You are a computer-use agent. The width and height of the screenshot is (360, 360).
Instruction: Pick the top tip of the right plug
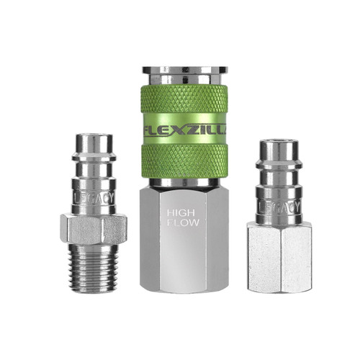pyautogui.click(x=279, y=145)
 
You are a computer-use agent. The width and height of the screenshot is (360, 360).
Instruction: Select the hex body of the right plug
pyautogui.click(x=279, y=256)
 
